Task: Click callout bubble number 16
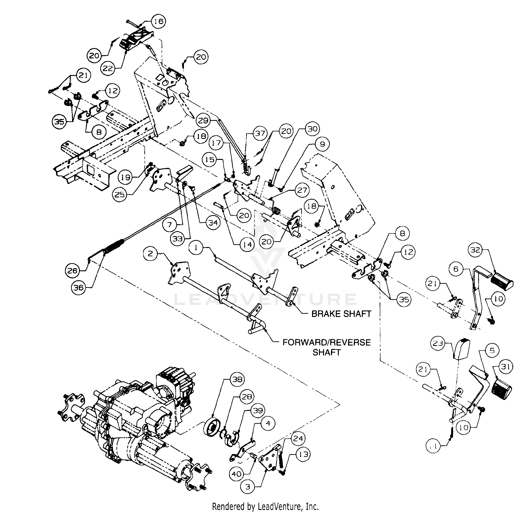click(159, 21)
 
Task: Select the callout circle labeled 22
click(108, 68)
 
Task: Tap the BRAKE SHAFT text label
click(341, 314)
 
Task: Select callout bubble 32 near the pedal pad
click(475, 250)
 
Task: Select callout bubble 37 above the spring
click(260, 133)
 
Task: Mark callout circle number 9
click(322, 144)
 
